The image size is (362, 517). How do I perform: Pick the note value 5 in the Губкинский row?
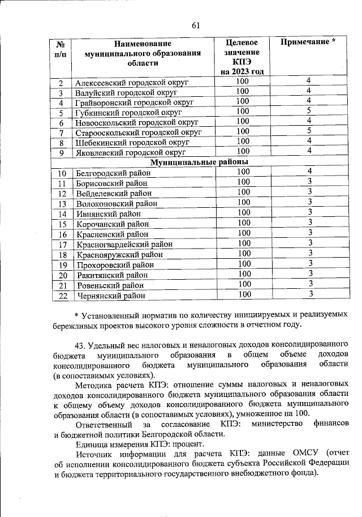[309, 110]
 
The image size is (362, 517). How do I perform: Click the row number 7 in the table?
[61, 133]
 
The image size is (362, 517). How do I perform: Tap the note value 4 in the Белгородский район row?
[310, 172]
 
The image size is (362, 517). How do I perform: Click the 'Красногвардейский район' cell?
[124, 245]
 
